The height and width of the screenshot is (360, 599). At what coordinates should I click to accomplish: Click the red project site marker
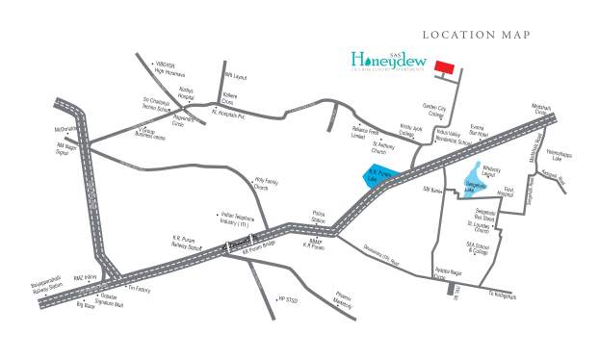(444, 66)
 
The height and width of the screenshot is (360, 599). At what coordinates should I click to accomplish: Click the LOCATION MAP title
(477, 35)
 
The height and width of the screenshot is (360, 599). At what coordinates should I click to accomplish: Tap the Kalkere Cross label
(228, 99)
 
